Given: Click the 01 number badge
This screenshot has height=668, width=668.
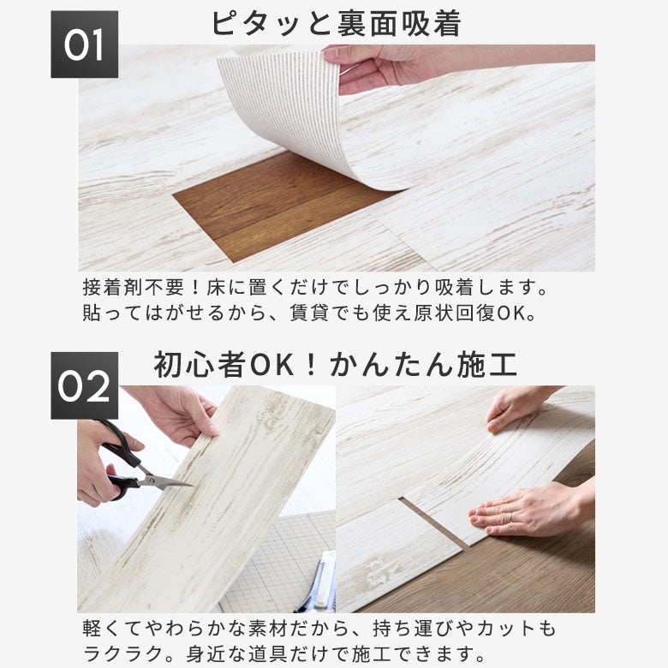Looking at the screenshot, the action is pyautogui.click(x=84, y=45).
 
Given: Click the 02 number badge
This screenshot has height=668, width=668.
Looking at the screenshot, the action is pyautogui.click(x=84, y=385).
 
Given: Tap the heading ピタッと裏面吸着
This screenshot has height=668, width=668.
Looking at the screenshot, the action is pyautogui.click(x=336, y=23).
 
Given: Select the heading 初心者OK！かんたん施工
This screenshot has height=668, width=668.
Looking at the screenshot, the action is pyautogui.click(x=336, y=365).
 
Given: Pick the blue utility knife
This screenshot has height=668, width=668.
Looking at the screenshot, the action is pyautogui.click(x=318, y=584).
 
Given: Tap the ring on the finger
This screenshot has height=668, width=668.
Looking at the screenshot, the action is pyautogui.click(x=510, y=516).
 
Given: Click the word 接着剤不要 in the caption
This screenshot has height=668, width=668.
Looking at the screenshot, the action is pyautogui.click(x=134, y=288).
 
